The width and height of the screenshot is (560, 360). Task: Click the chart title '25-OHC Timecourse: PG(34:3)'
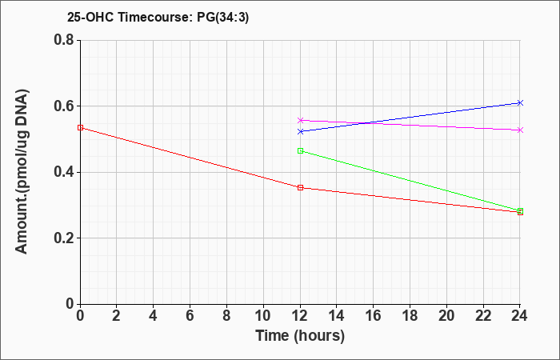pos(158,17)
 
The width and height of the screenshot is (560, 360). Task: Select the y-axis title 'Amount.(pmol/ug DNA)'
pos(22,172)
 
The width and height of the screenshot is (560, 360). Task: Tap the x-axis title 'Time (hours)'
pos(300,336)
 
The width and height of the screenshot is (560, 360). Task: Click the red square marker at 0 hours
pos(80,127)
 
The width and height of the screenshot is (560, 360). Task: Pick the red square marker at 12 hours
pos(300,187)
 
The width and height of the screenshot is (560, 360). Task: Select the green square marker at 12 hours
pos(300,150)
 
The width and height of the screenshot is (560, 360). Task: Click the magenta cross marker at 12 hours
pos(300,120)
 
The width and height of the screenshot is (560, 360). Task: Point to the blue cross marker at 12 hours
pos(300,131)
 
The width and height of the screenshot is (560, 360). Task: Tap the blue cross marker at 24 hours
pos(520,103)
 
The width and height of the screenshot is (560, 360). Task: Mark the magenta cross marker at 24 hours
pos(520,130)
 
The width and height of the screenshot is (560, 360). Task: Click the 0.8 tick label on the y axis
pos(64,40)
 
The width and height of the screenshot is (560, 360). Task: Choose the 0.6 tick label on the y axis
pos(64,106)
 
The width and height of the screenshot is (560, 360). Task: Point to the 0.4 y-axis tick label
pos(64,172)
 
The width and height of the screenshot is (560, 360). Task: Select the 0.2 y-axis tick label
pos(64,238)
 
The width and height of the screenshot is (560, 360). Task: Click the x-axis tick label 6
pos(190,316)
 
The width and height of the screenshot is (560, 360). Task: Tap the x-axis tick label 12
pos(300,316)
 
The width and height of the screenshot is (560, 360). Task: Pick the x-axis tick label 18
pos(410,316)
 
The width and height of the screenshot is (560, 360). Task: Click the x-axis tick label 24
pos(519,316)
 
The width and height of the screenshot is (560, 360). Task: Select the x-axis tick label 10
pos(263,316)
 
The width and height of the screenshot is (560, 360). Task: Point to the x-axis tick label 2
pos(117,316)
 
